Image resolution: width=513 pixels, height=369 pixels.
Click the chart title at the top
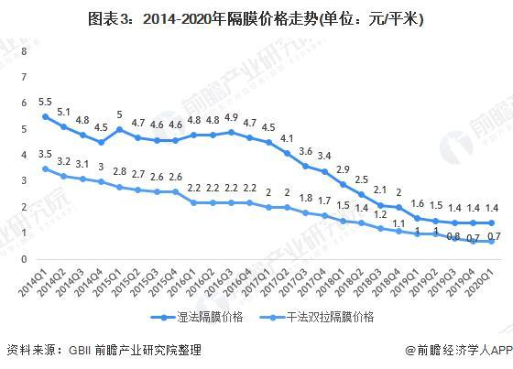[256, 18]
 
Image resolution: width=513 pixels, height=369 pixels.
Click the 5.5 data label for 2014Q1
[45, 100]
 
